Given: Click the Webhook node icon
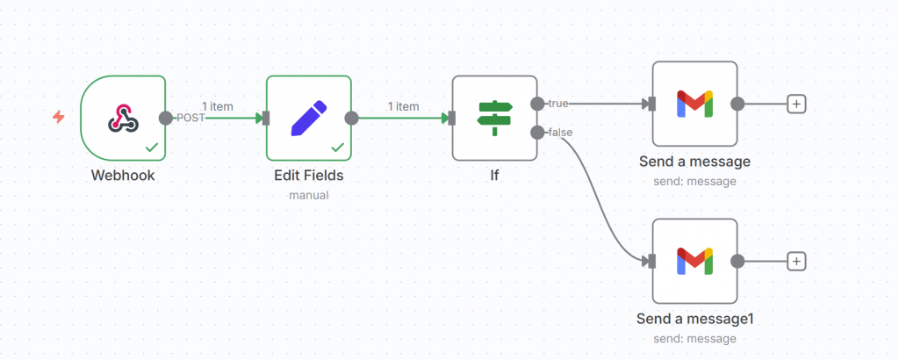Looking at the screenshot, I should [122, 118].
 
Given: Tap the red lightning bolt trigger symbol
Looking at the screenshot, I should [58, 117].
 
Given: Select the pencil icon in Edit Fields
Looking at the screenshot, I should [308, 118].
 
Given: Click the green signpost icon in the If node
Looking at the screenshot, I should [494, 118].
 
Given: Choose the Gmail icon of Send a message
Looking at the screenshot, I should [694, 104].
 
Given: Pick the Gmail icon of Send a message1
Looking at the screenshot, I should [694, 261].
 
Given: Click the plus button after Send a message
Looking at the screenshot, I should [796, 104].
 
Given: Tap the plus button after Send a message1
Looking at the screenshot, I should [796, 261].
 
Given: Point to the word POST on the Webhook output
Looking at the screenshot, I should [191, 118].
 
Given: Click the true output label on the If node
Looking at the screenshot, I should [558, 104].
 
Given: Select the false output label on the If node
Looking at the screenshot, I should [560, 133].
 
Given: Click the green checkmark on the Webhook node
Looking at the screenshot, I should [152, 148].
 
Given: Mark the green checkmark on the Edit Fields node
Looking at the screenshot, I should [337, 148].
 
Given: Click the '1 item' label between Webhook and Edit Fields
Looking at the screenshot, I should [217, 106].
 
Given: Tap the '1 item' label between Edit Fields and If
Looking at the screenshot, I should [403, 106].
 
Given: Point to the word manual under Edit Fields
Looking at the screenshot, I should [308, 195].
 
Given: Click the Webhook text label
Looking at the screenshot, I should [122, 176].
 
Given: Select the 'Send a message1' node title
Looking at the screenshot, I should [694, 319].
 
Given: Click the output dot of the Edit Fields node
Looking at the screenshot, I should [351, 118].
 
